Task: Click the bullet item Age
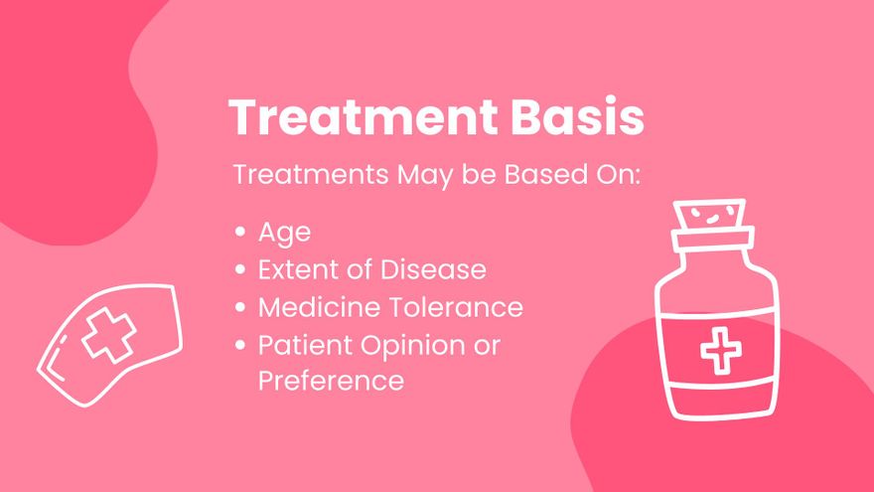[x=284, y=234]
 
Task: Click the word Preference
[x=331, y=381]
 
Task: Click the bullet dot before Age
[x=240, y=234]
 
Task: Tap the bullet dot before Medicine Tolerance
[x=240, y=307]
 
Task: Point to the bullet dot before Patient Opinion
[x=240, y=344]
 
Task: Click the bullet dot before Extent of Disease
[x=240, y=269]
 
